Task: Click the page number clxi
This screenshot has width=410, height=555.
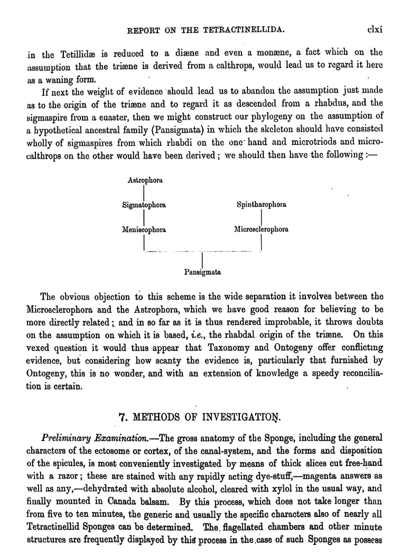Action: (x=374, y=30)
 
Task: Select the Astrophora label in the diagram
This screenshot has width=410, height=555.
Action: (x=145, y=180)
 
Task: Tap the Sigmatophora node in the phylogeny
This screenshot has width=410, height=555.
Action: (x=144, y=205)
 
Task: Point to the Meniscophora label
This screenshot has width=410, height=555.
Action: (x=144, y=229)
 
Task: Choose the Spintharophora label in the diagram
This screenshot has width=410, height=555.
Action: (x=262, y=205)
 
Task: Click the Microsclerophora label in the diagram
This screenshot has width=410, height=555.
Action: (x=262, y=229)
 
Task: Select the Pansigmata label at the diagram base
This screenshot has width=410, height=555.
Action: (x=202, y=273)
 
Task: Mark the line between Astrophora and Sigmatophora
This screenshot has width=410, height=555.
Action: (x=144, y=192)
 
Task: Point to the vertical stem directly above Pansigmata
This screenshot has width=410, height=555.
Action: (x=202, y=260)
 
